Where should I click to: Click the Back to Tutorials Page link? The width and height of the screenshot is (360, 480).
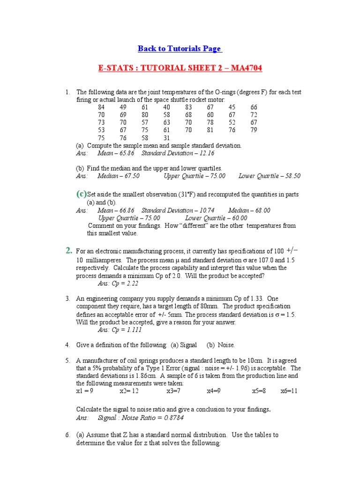[180, 49]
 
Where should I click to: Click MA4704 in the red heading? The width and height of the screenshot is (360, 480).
[244, 68]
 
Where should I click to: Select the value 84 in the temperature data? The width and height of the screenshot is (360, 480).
[101, 107]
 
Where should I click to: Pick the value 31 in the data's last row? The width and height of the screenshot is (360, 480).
[166, 138]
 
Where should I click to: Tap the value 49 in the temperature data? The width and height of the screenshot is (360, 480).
[123, 107]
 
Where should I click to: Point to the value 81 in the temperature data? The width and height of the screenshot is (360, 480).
[210, 130]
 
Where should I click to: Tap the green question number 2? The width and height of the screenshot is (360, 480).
[68, 251]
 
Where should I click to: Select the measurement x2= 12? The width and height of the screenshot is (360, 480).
[129, 391]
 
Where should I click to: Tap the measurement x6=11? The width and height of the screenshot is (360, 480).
[289, 391]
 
